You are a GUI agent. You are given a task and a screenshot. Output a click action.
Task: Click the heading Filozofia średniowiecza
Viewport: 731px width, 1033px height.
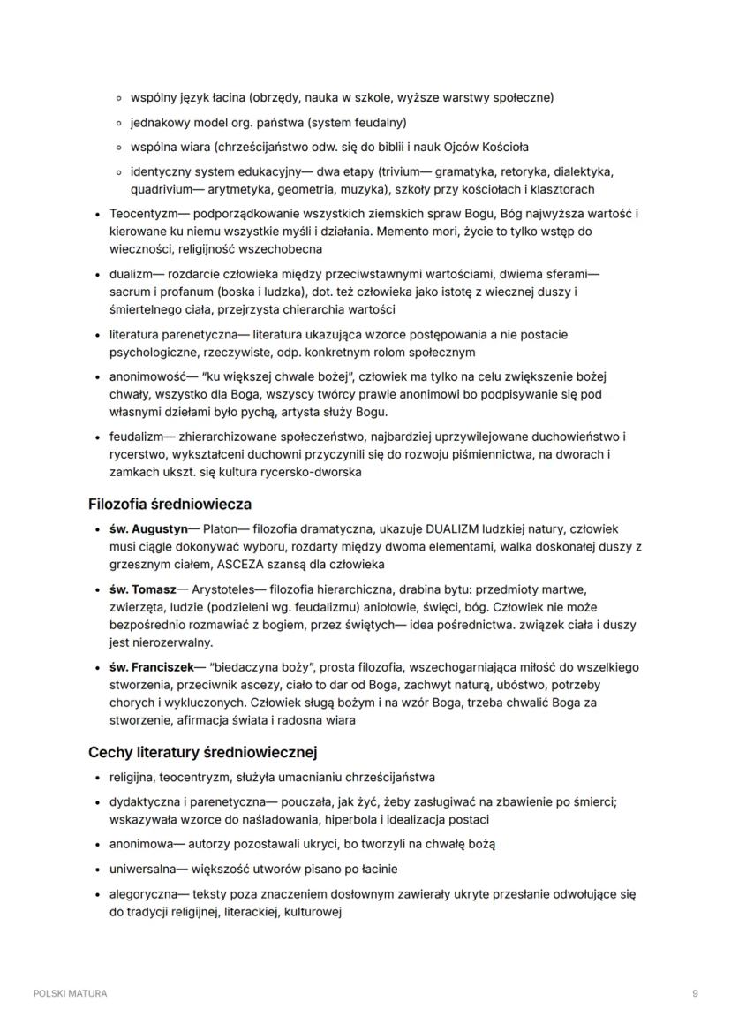[170, 505]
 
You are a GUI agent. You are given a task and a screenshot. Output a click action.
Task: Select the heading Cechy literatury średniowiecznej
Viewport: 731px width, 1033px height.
[202, 753]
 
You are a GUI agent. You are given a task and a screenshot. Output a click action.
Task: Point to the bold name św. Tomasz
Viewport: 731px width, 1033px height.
[144, 589]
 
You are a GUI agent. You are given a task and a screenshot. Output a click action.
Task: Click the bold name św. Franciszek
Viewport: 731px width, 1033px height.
[151, 666]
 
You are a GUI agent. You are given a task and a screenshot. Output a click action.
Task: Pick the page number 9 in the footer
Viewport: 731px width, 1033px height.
[696, 993]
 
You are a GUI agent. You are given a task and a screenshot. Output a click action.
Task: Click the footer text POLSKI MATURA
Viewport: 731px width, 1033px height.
[71, 993]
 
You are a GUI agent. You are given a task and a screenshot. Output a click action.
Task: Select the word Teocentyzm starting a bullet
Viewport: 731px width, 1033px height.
[143, 214]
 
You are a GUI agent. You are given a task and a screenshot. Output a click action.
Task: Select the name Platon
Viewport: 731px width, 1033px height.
[221, 529]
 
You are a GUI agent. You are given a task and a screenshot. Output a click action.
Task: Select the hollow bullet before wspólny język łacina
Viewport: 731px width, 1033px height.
[119, 97]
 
